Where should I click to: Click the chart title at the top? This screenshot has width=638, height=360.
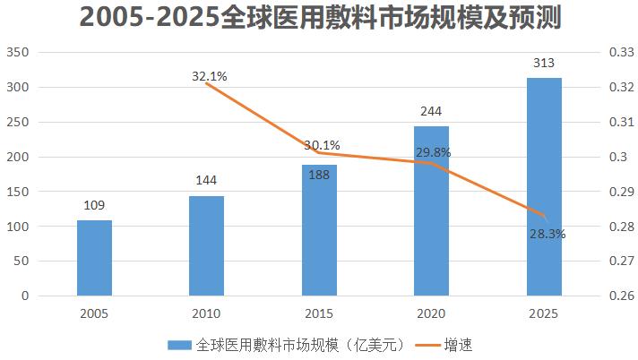point(319,19)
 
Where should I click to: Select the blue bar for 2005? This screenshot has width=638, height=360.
point(94,258)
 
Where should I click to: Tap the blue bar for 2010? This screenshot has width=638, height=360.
point(206,246)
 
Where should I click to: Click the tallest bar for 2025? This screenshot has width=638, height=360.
point(543,187)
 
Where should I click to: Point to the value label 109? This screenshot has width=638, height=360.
point(94,205)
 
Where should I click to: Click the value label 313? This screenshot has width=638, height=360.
point(543,64)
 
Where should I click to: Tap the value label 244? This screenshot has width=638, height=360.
point(431,112)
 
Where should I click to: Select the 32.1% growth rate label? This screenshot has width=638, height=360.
point(210,76)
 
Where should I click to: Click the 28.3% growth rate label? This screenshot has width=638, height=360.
point(547,234)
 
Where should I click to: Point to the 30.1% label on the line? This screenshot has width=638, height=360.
point(322,145)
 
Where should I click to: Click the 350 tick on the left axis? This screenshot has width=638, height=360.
point(20,53)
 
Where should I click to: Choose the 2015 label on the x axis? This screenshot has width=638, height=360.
point(319,313)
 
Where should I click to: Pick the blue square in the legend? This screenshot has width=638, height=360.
point(179,344)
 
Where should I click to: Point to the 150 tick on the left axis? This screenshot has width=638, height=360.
point(20,192)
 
